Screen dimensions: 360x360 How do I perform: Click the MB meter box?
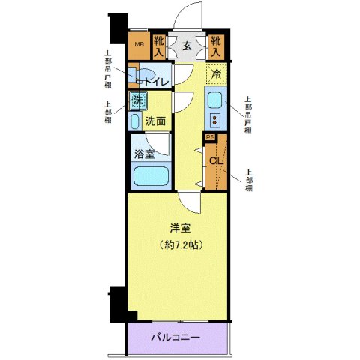138,46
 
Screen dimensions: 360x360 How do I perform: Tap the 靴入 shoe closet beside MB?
158,47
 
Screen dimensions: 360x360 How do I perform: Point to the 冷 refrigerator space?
215,73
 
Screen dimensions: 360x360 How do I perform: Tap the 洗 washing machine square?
137,100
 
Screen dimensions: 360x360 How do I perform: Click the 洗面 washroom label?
155,120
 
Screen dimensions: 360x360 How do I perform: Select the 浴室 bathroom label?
145,155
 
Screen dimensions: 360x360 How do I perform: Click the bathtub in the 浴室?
150,178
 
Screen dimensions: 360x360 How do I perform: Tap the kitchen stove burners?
214,121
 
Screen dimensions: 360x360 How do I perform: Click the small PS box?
211,137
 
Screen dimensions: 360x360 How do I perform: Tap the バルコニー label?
176,338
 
